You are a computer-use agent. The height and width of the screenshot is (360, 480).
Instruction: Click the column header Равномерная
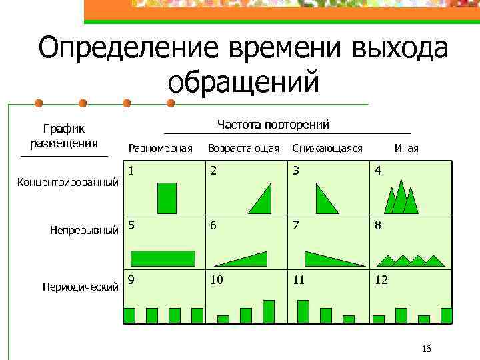coord(160,148)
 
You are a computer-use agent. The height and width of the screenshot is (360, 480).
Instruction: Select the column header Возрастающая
coord(243,148)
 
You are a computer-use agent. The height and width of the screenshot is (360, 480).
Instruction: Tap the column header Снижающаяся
coord(327,148)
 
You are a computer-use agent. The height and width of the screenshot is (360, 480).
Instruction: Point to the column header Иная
coord(407,148)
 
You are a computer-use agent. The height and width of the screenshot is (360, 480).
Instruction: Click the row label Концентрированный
coord(68,182)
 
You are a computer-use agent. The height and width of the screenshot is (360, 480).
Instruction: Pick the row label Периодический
coord(81,287)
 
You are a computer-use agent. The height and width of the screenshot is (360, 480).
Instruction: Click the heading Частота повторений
coord(273,125)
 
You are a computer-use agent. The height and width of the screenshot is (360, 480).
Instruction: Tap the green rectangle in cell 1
coord(167,198)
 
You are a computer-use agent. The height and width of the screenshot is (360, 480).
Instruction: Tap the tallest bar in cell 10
coord(269,311)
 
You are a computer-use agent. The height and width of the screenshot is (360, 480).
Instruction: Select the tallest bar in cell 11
coord(303,311)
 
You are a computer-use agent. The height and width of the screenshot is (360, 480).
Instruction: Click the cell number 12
coord(381,281)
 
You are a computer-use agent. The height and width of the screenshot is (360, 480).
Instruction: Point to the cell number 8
coord(378,225)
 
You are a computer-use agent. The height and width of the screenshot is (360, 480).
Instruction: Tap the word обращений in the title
coord(244,83)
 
